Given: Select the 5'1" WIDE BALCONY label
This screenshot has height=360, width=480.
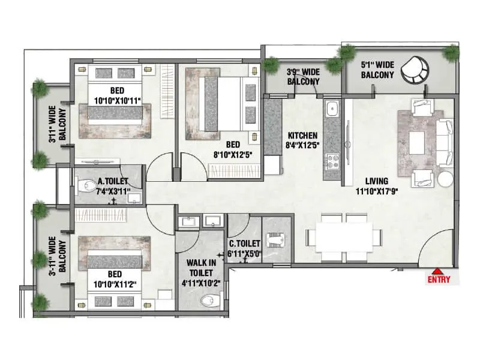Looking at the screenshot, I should pos(377,70).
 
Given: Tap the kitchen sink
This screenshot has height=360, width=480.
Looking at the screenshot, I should pos(332,110).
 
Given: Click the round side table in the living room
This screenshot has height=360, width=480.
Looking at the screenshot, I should pos(445,179).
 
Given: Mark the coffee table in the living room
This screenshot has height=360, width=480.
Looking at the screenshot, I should pos(418,142).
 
